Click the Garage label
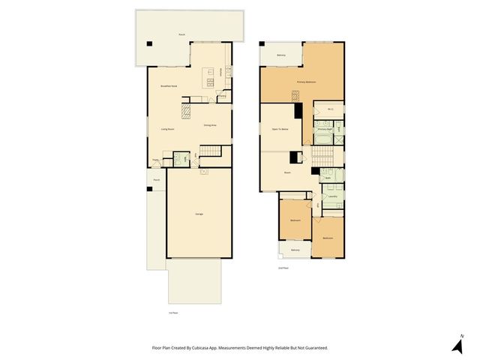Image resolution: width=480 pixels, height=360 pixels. click(x=199, y=214)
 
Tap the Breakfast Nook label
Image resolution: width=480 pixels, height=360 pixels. click(x=169, y=86)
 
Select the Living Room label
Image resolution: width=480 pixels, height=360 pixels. click(x=167, y=129)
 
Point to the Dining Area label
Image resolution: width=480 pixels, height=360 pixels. click(x=210, y=125)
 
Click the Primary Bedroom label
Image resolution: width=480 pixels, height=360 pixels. click(x=306, y=81)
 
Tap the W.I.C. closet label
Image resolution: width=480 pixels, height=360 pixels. click(x=330, y=109)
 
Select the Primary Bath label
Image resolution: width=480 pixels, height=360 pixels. click(x=324, y=129)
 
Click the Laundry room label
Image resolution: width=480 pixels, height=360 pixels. click(x=332, y=196)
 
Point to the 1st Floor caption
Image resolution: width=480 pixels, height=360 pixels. click(x=173, y=313)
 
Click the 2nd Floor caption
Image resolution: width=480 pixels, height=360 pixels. click(x=283, y=268)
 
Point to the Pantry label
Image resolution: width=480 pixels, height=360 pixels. click(x=222, y=96)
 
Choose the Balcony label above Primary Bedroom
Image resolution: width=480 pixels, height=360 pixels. click(x=281, y=55)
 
